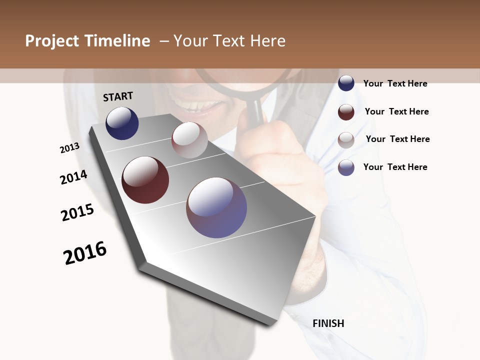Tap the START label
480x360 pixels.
tap(118, 96)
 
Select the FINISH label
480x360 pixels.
tap(328, 323)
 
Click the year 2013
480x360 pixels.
tap(70, 148)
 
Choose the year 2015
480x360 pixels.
tap(77, 212)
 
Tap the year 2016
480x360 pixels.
tap(85, 253)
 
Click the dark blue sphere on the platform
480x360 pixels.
tap(122, 123)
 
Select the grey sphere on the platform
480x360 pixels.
tap(189, 140)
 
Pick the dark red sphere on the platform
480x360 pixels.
tap(145, 180)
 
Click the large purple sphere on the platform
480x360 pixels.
tap(216, 207)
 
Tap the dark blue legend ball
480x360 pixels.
tap(346, 83)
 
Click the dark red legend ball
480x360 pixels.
tap(346, 112)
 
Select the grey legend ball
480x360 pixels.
tap(346, 140)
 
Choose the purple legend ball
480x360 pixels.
tap(346, 167)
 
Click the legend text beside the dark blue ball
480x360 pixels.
tap(395, 83)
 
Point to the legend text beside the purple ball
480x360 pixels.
tap(395, 167)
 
